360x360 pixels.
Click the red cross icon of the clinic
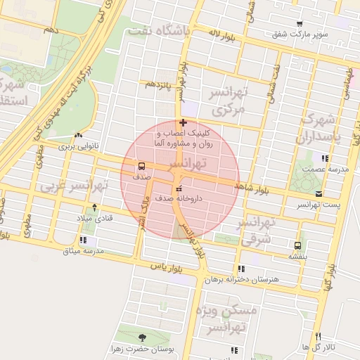point(184,122)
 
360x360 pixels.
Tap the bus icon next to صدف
point(143,167)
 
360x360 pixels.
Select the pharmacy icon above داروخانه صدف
point(176,188)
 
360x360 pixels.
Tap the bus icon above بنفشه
point(297,246)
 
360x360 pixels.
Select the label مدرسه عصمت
point(321,169)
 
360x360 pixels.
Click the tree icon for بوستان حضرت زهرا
point(144,337)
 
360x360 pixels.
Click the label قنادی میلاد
point(98,219)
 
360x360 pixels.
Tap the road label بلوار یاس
point(166,267)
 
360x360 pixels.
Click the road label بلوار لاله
point(217,33)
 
